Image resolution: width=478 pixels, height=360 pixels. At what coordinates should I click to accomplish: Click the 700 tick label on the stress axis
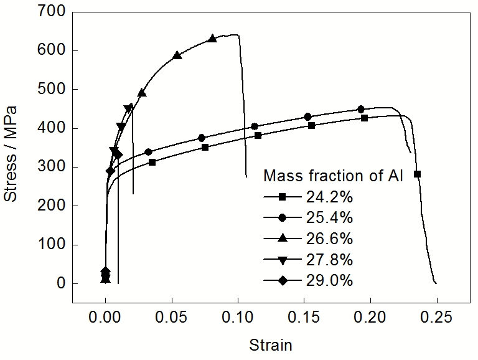click(52, 11)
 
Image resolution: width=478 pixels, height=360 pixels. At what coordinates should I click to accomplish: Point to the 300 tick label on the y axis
click(52, 167)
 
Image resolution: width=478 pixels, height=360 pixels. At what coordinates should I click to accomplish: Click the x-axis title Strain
click(270, 344)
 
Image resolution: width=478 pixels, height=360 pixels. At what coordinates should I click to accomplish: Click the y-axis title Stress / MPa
click(11, 154)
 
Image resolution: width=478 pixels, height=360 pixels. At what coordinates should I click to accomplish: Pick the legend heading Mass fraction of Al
click(334, 176)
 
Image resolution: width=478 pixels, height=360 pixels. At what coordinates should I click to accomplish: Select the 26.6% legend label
click(329, 239)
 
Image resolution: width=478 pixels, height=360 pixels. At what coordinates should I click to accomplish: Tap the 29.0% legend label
click(329, 281)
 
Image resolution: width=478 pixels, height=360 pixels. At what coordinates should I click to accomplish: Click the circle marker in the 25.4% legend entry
click(282, 218)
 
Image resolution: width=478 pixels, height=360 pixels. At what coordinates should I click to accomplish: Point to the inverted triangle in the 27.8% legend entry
click(282, 260)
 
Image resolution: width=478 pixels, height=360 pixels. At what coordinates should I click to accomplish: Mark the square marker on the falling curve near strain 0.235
click(417, 174)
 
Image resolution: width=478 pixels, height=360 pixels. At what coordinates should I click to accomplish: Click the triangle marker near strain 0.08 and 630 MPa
click(212, 39)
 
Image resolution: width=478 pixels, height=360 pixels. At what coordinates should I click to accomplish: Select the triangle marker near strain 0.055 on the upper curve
click(177, 55)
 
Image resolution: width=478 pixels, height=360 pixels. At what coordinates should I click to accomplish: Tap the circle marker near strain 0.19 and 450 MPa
click(360, 110)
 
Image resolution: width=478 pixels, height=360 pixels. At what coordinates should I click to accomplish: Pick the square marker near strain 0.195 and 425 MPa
click(364, 118)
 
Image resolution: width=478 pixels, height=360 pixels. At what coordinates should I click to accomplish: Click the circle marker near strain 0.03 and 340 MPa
click(148, 152)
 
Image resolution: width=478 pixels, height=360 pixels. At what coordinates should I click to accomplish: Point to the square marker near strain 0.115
click(258, 135)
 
